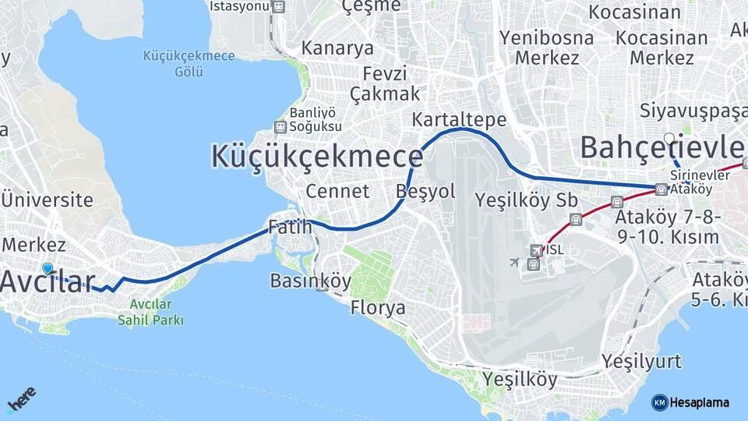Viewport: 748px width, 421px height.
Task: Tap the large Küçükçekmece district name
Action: (316, 156)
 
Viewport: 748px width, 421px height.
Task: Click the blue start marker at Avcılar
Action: (48, 268)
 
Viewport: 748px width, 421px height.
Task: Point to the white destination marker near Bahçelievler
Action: (669, 140)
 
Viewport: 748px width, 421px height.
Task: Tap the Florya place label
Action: (378, 308)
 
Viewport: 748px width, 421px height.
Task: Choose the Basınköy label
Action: (311, 281)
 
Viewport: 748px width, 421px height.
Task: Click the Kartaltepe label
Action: (459, 119)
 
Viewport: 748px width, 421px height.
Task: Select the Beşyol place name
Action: (425, 191)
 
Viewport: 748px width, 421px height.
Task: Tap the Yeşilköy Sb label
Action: (526, 200)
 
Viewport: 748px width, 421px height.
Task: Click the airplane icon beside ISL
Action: (513, 261)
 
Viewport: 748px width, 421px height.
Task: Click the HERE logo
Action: (22, 398)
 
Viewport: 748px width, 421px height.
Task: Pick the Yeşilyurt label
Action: (641, 361)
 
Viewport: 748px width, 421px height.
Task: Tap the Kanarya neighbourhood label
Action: (337, 48)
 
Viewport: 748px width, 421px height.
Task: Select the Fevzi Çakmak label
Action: (384, 83)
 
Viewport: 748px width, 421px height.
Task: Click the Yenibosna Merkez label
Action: (546, 47)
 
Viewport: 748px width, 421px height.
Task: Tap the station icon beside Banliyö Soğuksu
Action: (280, 126)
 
